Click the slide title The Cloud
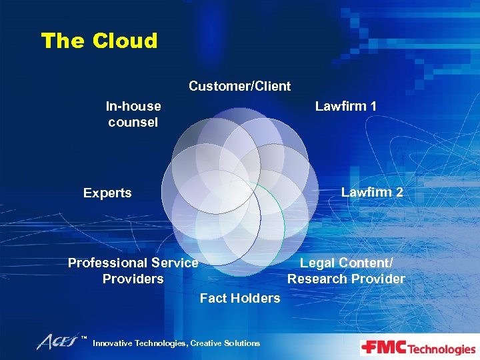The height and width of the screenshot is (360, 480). point(99,41)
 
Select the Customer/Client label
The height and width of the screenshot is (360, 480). point(239,86)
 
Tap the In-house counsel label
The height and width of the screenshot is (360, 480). point(133,114)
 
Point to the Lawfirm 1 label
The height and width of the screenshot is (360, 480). point(346,106)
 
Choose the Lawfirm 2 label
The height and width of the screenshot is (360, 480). point(372,192)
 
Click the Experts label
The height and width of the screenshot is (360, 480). point(107,193)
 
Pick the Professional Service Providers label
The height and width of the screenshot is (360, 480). point(133,271)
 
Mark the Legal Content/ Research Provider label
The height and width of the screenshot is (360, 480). point(346,271)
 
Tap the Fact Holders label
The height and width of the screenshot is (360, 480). point(240,298)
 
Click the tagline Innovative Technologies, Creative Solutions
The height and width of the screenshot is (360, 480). point(176,343)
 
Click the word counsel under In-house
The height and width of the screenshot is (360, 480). point(133,122)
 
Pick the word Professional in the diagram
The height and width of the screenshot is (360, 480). point(110,263)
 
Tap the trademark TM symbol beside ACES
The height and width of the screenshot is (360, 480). point(85,338)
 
